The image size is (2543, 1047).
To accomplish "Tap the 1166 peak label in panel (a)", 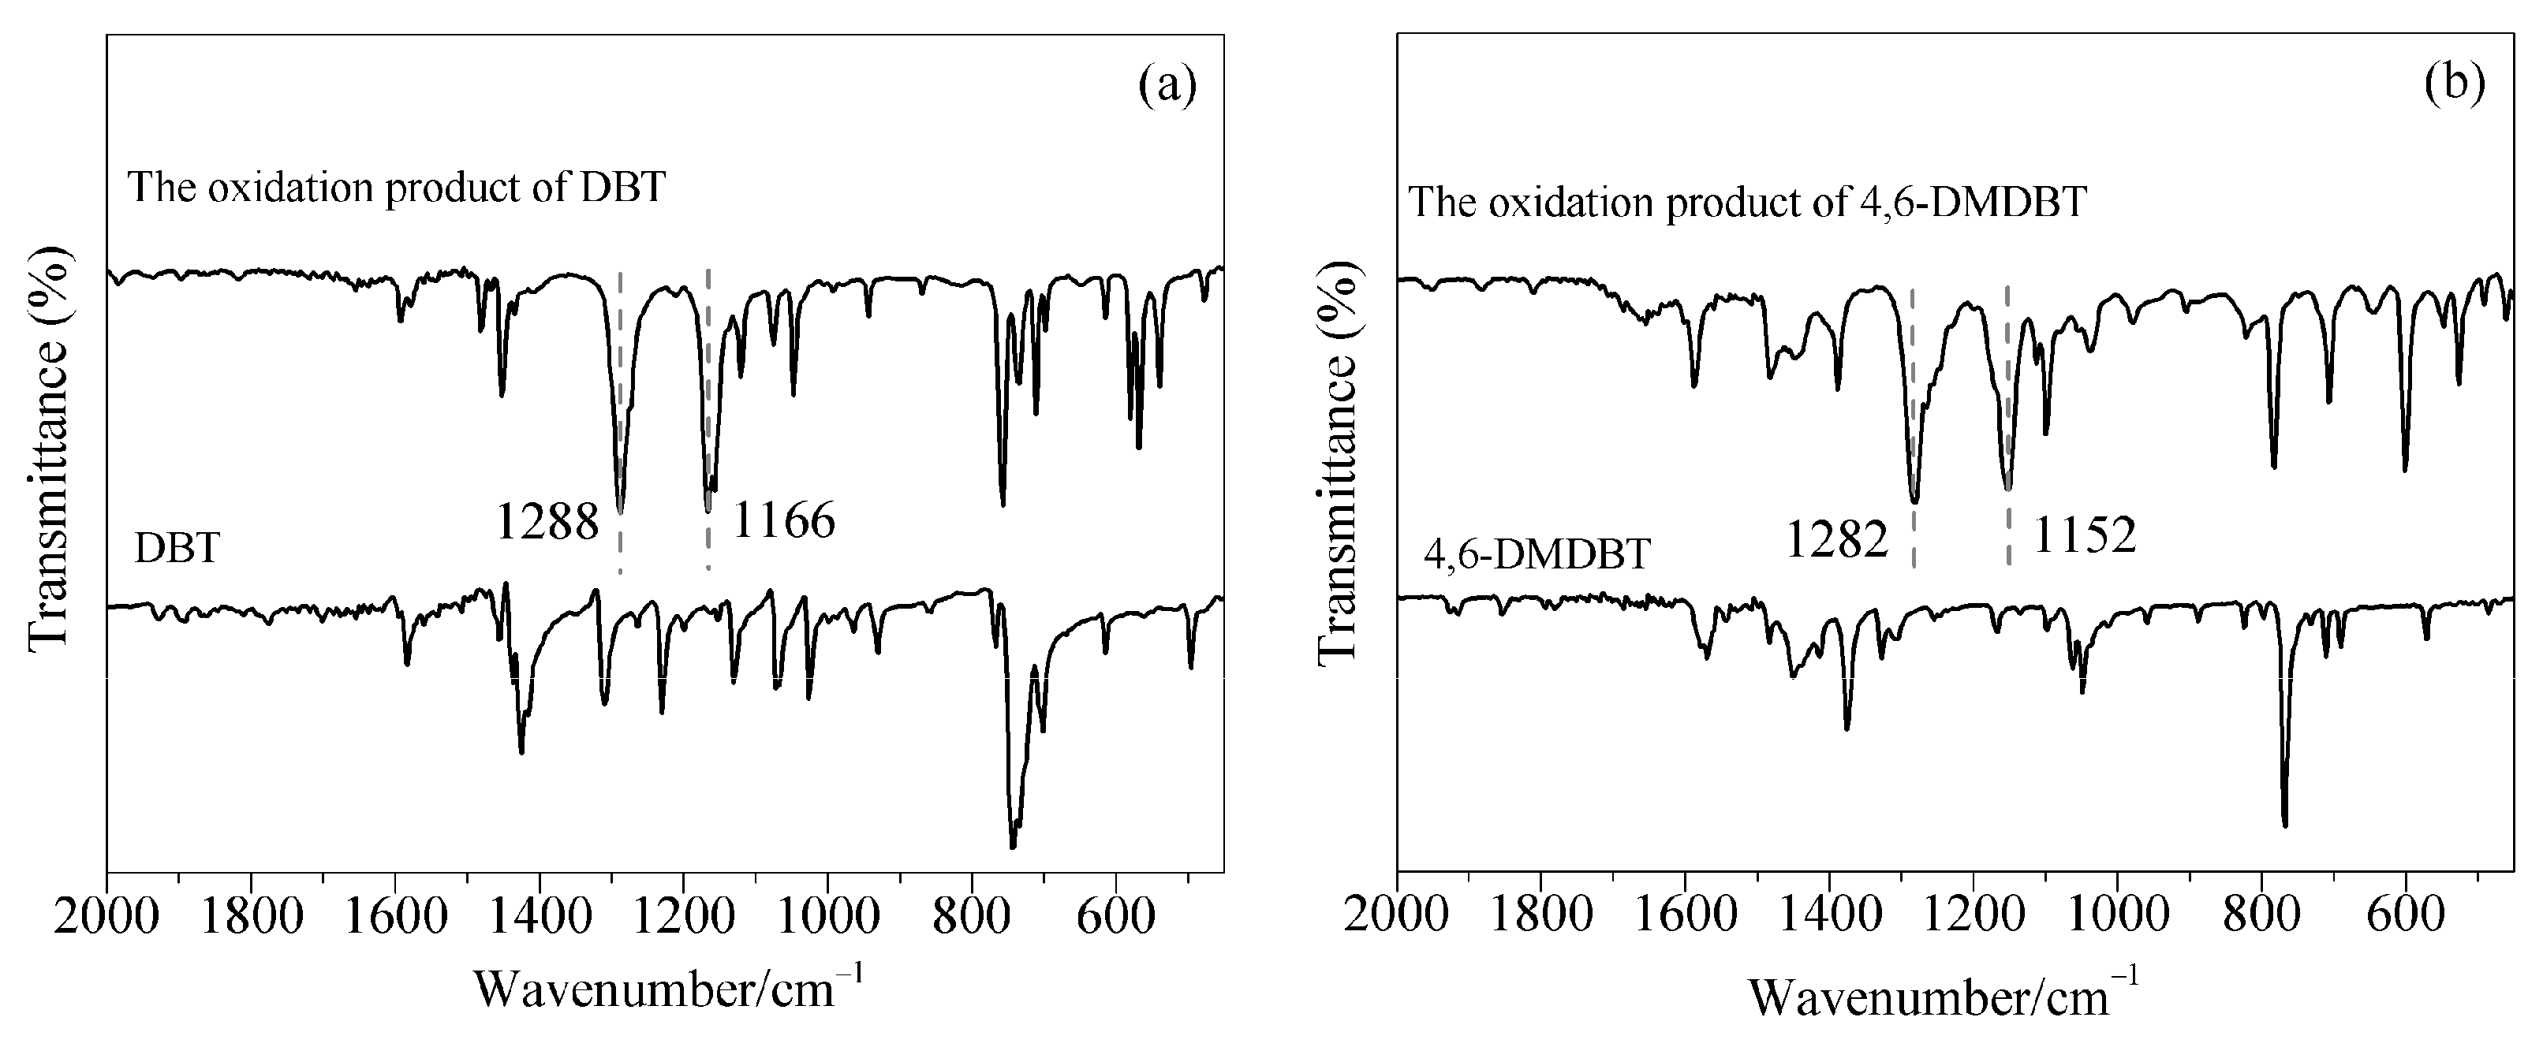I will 784,520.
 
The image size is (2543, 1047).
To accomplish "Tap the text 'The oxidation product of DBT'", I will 398,188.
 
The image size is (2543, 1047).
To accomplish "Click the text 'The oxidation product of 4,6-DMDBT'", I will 1747,203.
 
